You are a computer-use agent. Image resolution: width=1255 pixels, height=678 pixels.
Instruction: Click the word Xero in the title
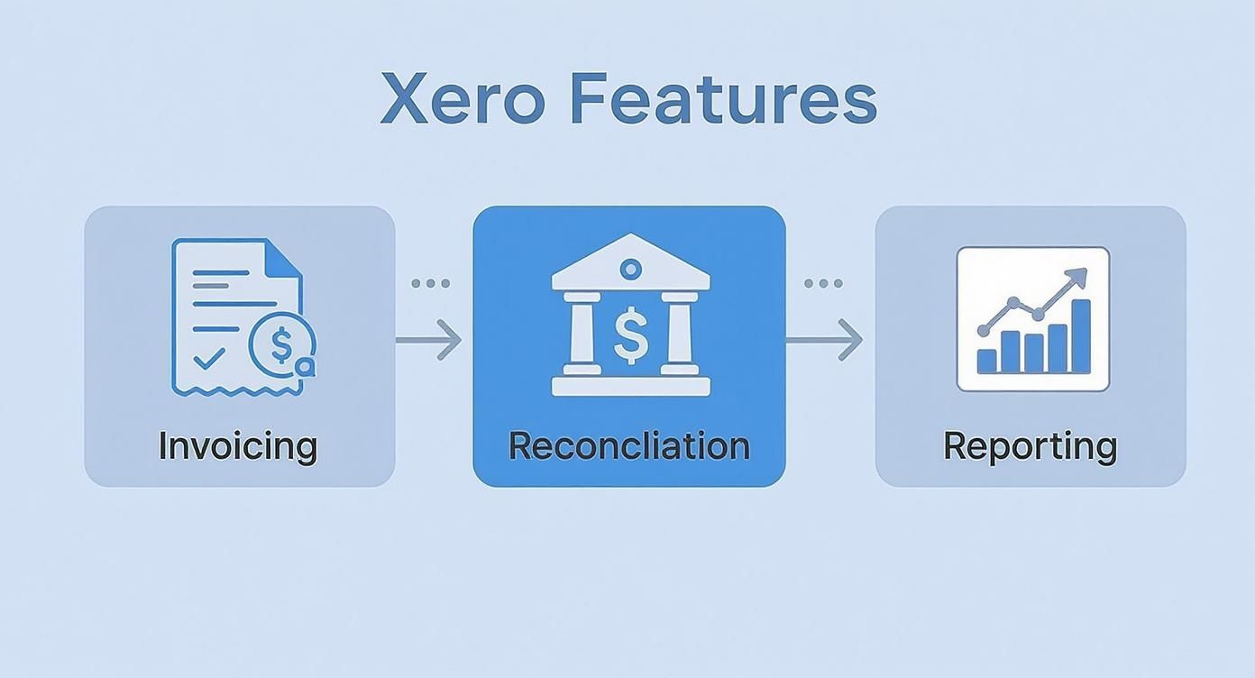pyautogui.click(x=462, y=99)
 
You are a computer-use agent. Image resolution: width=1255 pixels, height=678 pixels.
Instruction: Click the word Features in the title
pyautogui.click(x=724, y=99)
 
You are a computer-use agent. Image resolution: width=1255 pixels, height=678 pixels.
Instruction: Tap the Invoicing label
pyautogui.click(x=238, y=446)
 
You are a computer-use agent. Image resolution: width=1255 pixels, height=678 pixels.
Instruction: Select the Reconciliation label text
pyautogui.click(x=629, y=446)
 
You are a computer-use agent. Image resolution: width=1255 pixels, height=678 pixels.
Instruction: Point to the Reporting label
pyautogui.click(x=1031, y=446)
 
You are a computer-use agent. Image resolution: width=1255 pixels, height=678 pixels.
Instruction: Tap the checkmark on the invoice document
pyautogui.click(x=209, y=359)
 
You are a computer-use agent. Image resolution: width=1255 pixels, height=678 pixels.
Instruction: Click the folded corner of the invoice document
pyautogui.click(x=286, y=258)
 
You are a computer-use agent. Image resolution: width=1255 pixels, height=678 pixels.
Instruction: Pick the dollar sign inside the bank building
pyautogui.click(x=630, y=334)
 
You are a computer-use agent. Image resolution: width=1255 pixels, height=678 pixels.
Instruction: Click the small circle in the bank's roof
pyautogui.click(x=630, y=268)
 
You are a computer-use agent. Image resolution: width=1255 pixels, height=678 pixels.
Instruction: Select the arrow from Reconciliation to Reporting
pyautogui.click(x=824, y=340)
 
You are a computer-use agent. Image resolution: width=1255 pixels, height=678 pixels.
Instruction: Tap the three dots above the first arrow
pyautogui.click(x=430, y=283)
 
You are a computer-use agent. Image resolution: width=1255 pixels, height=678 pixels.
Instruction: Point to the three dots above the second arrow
pyautogui.click(x=823, y=283)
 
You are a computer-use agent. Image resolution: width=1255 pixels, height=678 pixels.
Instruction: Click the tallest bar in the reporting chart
pyautogui.click(x=1080, y=335)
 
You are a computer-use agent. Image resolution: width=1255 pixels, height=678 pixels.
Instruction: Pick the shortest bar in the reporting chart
pyautogui.click(x=987, y=361)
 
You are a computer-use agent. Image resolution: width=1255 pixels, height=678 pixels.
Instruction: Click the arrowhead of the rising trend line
pyautogui.click(x=1077, y=277)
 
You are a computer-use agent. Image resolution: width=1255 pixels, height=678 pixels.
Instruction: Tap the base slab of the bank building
pyautogui.click(x=630, y=387)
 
